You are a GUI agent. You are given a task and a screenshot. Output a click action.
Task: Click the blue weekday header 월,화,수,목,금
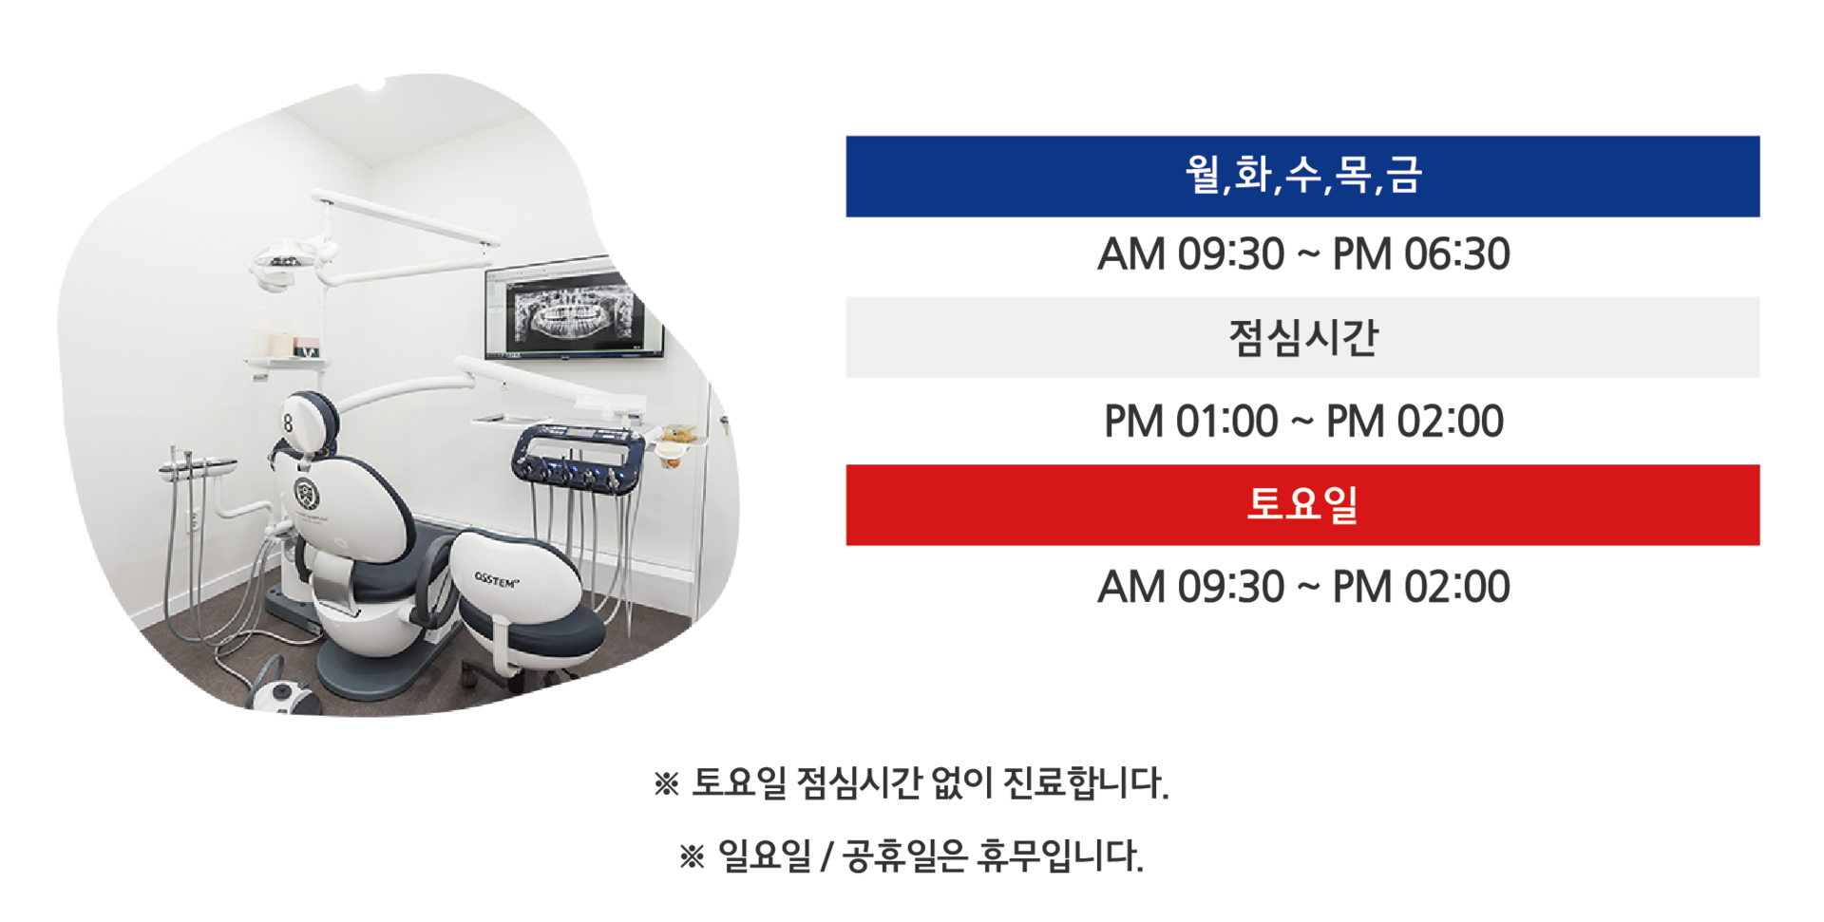tap(1302, 177)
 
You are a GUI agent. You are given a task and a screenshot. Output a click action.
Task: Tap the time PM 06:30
tap(1421, 254)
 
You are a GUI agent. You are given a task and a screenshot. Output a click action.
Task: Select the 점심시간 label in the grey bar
tap(1302, 338)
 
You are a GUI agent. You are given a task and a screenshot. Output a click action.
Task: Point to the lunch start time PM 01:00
tap(1190, 422)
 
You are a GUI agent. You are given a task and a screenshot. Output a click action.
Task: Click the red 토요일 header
tap(1302, 505)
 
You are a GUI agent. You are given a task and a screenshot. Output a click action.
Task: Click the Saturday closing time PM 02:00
tap(1421, 587)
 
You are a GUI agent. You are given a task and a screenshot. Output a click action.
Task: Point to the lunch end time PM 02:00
tap(1415, 422)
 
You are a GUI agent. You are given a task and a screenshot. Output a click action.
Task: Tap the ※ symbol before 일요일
tap(692, 857)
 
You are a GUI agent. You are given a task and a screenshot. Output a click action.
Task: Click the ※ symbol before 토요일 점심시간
tap(666, 784)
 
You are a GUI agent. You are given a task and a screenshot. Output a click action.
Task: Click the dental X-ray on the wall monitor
tap(573, 311)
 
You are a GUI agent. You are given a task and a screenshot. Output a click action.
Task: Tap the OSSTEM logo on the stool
tap(497, 580)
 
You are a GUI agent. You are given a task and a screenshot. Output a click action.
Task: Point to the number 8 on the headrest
tap(288, 423)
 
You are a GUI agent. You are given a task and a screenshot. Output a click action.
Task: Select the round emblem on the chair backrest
tap(306, 494)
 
